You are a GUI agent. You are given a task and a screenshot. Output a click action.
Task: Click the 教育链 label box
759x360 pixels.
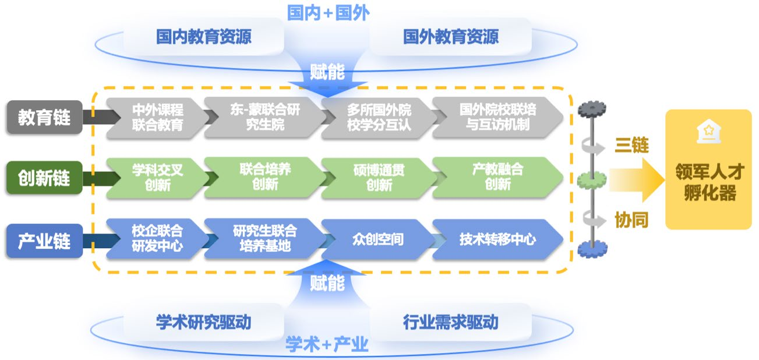pyautogui.click(x=44, y=117)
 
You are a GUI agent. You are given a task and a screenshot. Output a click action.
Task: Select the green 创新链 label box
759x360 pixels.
pyautogui.click(x=44, y=178)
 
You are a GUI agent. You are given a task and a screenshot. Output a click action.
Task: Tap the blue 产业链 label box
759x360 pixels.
pyautogui.click(x=44, y=240)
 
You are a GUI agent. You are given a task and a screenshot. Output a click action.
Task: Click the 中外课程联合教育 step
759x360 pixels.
pyautogui.click(x=157, y=117)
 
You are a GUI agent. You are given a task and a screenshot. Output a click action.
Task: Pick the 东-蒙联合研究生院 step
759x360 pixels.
pyautogui.click(x=264, y=117)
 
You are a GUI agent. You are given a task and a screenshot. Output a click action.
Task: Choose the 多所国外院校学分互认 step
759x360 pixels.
pyautogui.click(x=379, y=117)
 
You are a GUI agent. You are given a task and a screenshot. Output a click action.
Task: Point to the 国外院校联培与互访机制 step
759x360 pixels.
pyautogui.click(x=497, y=117)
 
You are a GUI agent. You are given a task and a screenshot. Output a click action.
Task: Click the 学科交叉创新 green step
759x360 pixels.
pyautogui.click(x=157, y=177)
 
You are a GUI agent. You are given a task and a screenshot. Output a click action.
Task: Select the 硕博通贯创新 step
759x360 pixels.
pyautogui.click(x=379, y=177)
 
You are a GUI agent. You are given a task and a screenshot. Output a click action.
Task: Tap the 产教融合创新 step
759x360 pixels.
pyautogui.click(x=497, y=177)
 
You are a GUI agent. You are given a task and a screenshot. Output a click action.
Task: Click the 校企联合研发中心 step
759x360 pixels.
pyautogui.click(x=157, y=239)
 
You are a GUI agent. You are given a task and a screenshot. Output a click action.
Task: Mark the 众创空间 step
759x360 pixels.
pyautogui.click(x=379, y=239)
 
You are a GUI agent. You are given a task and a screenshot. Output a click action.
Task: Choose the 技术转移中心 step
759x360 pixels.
pyautogui.click(x=497, y=239)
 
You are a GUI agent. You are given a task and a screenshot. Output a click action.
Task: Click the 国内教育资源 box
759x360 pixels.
pyautogui.click(x=204, y=37)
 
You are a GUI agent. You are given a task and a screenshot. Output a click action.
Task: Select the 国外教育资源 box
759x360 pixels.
pyautogui.click(x=451, y=37)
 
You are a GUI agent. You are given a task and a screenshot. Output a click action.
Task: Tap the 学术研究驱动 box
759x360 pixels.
pyautogui.click(x=204, y=322)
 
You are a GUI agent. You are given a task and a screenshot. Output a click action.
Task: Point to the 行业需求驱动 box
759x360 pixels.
pyautogui.click(x=451, y=322)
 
